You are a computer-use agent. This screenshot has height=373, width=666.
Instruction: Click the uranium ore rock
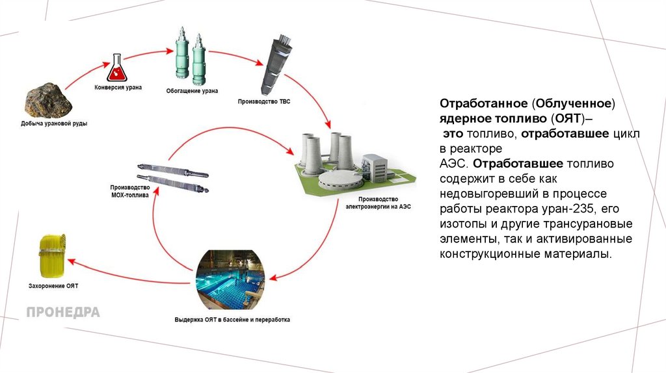(x=47, y=99)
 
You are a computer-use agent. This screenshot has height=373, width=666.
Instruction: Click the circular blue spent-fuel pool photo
(x=231, y=279)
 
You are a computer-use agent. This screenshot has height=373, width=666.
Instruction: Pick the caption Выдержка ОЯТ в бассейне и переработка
(x=232, y=320)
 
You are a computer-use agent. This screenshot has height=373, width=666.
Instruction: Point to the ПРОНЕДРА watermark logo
(x=63, y=313)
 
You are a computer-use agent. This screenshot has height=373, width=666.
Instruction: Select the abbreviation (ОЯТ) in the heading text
(x=572, y=119)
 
